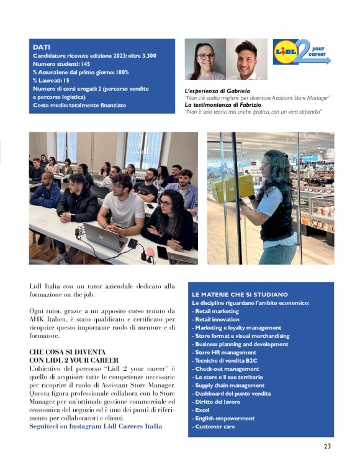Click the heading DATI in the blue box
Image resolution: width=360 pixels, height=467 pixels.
click(42, 47)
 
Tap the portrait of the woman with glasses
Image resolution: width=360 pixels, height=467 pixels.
click(205, 60)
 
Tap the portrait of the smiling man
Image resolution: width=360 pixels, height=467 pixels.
click(246, 60)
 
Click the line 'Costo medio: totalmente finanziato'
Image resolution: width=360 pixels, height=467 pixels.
click(79, 105)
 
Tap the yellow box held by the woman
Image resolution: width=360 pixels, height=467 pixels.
click(233, 187)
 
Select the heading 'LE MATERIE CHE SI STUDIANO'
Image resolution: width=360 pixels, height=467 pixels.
click(240, 294)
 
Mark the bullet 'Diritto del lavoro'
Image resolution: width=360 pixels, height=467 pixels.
click(218, 401)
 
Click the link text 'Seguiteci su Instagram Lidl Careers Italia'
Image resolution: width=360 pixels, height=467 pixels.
click(96, 426)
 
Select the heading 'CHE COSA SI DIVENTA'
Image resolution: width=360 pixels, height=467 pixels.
click(67, 351)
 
